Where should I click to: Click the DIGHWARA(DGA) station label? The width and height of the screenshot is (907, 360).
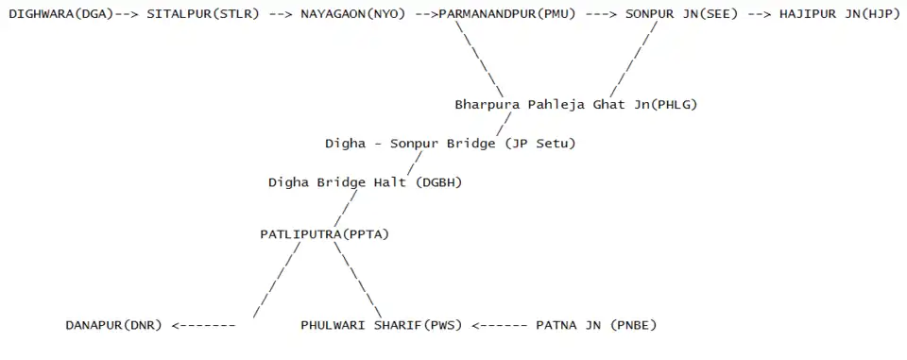[60, 14]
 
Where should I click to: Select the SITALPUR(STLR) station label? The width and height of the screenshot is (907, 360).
[203, 14]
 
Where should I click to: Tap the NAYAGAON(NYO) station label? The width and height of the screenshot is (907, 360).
[352, 14]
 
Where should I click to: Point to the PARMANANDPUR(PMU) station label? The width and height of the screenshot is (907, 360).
[507, 14]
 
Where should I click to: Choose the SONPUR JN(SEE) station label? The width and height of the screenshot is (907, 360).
[681, 14]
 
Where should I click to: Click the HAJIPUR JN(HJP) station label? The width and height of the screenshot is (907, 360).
[839, 14]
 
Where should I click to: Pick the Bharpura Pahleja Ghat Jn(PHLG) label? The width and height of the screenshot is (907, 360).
[575, 105]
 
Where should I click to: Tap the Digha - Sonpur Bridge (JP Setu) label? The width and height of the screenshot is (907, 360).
[450, 144]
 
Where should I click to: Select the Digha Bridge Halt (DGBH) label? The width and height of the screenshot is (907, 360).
[365, 183]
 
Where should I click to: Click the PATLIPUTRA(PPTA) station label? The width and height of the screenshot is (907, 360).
[324, 234]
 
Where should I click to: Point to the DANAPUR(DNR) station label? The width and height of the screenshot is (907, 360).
[113, 325]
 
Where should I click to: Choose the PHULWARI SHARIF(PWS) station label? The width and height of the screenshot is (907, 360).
[381, 325]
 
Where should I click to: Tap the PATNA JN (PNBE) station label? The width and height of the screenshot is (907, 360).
[596, 325]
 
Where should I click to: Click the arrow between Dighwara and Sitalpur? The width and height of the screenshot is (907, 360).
[127, 14]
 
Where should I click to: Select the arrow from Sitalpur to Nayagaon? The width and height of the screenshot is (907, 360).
[280, 14]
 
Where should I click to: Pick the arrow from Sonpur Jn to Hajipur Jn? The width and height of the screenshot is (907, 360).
[759, 14]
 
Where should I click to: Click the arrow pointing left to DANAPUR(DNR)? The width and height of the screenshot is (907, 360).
[204, 325]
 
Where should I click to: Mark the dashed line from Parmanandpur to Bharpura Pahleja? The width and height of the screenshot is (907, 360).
[480, 60]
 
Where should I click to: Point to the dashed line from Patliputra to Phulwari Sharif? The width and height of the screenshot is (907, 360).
[357, 280]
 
